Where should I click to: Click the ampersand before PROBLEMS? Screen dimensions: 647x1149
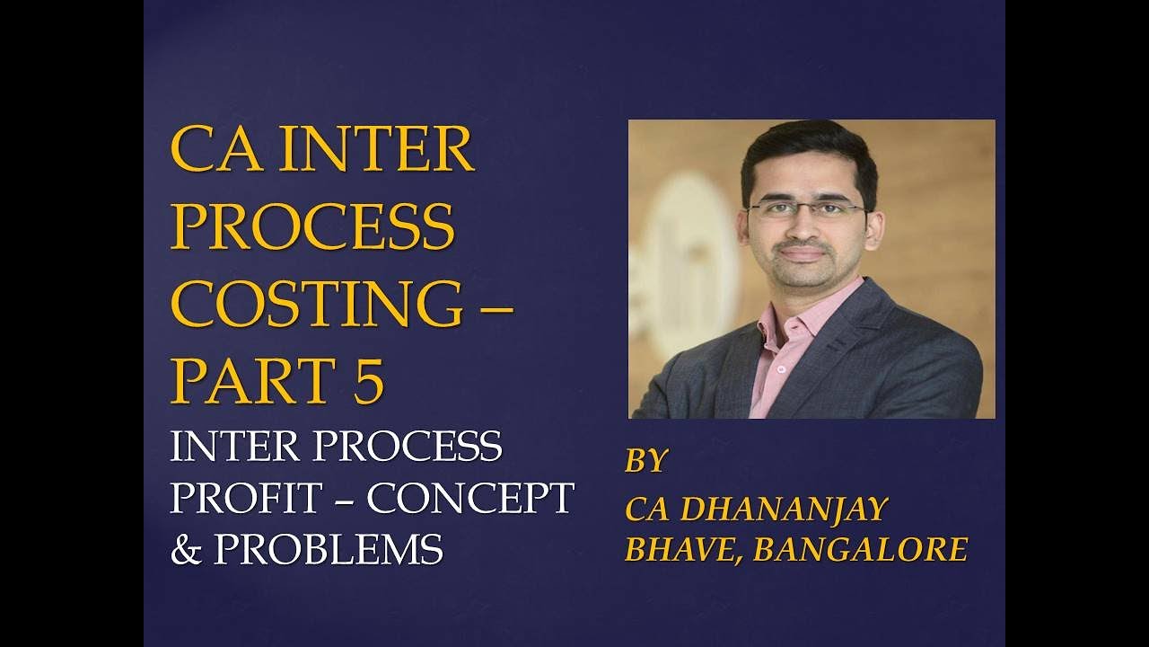(x=186, y=548)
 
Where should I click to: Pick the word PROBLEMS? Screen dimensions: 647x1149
(x=329, y=548)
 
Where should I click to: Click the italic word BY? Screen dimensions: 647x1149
(x=646, y=461)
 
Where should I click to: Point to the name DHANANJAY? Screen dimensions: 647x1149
(x=784, y=509)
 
